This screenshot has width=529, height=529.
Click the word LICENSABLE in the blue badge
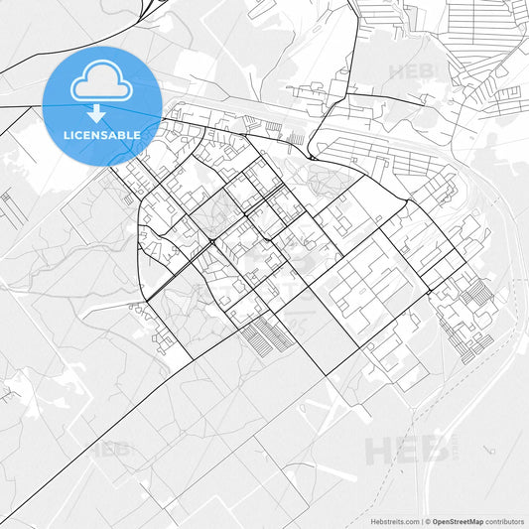pos(101,133)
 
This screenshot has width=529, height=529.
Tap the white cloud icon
pos(101,83)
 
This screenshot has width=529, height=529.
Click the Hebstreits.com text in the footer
pos(395,520)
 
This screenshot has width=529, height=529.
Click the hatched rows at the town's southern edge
pos(268,337)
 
